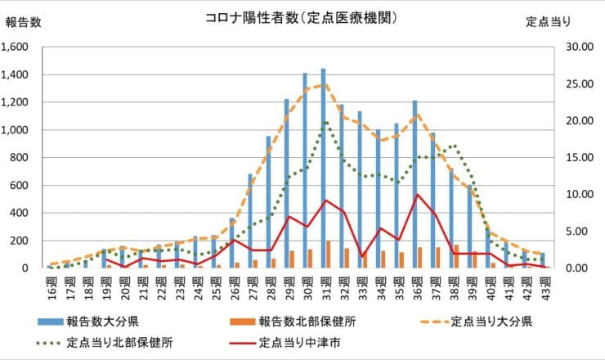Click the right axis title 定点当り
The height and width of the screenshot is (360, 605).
[x=548, y=22]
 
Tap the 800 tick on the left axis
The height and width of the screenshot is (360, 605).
[x=20, y=157]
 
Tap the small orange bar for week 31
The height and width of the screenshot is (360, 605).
[x=329, y=254]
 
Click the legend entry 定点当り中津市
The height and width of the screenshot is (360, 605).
[x=294, y=342]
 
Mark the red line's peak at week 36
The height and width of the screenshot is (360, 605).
[x=417, y=195]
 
